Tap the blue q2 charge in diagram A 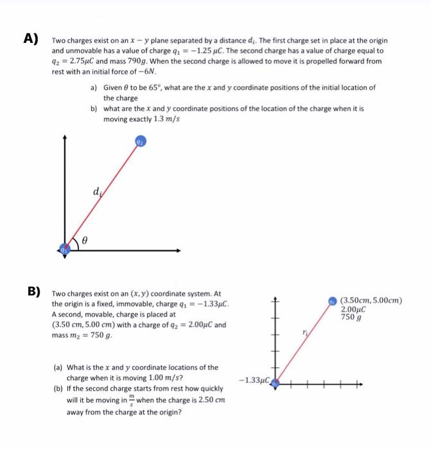[141, 141]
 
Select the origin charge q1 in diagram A [64, 250]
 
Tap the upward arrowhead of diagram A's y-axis [64, 139]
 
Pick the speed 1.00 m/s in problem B [157, 377]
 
